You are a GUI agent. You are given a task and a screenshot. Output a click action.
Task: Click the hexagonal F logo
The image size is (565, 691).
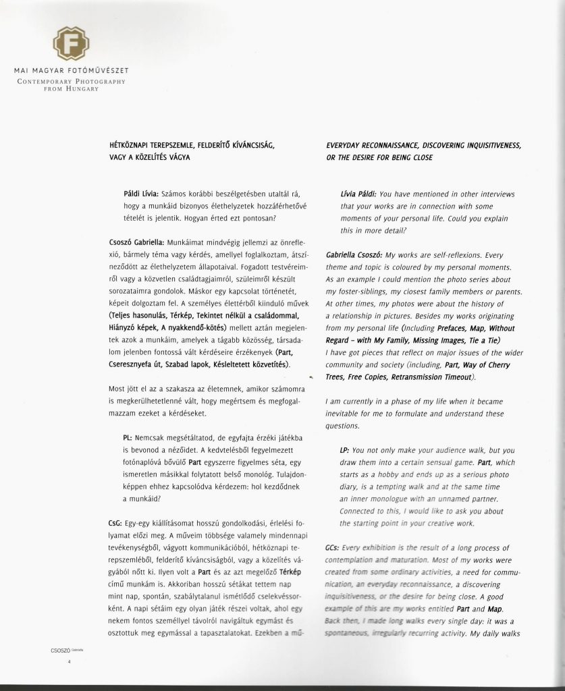[70, 43]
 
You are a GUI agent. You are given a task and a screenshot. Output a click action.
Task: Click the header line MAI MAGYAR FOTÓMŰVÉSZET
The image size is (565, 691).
[71, 71]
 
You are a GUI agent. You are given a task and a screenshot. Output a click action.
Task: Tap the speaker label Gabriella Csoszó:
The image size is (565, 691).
[354, 256]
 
